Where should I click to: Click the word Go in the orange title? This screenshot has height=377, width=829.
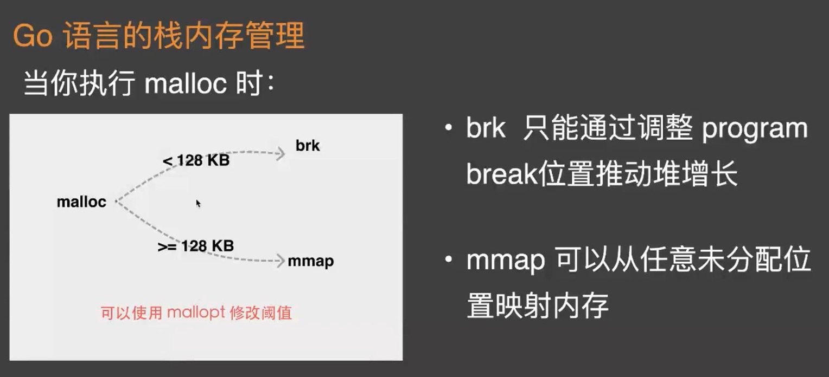point(33,36)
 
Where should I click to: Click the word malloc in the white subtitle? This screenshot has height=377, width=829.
point(186,83)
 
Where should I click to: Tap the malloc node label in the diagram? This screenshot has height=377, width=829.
point(81,202)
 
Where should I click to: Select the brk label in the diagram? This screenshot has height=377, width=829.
point(308,146)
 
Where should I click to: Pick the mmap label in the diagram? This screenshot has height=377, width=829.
point(311,262)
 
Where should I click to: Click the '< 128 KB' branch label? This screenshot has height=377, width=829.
point(196,160)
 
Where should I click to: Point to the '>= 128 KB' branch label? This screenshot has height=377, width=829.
point(196,246)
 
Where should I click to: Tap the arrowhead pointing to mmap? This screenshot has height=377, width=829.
point(281,261)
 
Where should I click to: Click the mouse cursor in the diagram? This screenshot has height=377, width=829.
point(198,203)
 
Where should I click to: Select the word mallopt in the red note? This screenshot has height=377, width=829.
point(196,313)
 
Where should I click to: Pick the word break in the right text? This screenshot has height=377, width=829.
point(501,173)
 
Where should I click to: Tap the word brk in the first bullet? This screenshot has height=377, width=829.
point(486,127)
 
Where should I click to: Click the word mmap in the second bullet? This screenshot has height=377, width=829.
point(506,261)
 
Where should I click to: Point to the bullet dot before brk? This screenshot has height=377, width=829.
point(449,128)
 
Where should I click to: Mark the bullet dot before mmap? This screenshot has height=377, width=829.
point(449,259)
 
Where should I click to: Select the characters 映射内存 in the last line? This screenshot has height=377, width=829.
point(552,305)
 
